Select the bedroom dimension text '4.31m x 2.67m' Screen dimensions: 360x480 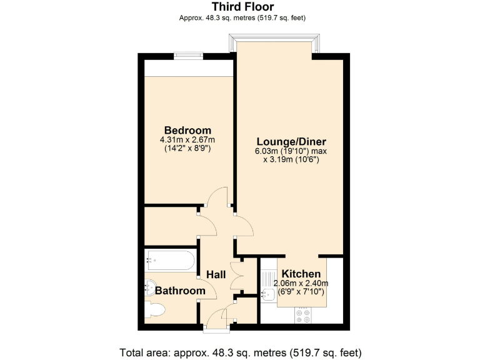coord(187,140)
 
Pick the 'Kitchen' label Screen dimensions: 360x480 coord(301,274)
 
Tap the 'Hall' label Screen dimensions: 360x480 coord(216,274)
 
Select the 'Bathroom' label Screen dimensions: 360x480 coord(180,291)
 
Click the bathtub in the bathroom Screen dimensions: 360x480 coord(171,259)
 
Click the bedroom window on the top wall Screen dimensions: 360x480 coord(188,55)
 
